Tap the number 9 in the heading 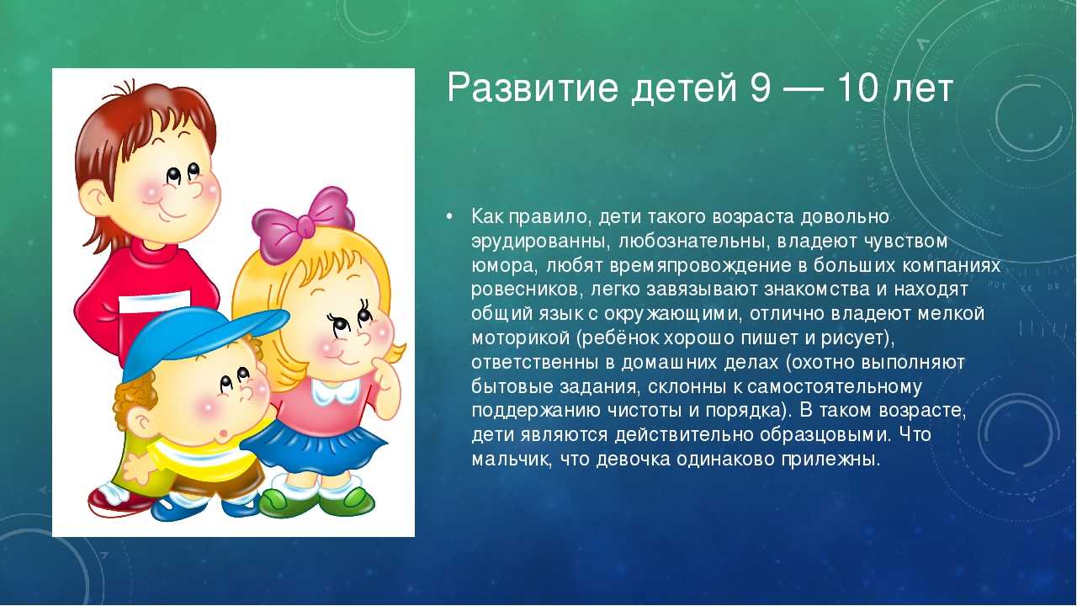coord(760,88)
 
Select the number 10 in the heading coord(858,88)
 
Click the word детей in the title coord(683,89)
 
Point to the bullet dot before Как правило coord(449,217)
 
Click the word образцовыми coord(825,435)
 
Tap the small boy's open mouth coord(223,433)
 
